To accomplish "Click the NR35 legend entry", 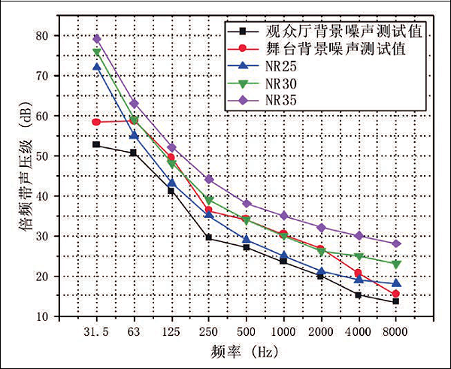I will click(x=279, y=99).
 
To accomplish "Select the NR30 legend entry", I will click(x=279, y=83).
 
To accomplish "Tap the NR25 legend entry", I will click(x=279, y=65).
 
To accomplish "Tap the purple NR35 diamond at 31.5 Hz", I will click(x=96, y=38).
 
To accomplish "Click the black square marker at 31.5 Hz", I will click(x=96, y=144).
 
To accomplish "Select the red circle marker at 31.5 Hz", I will click(x=96, y=122).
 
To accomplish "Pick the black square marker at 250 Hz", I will click(x=208, y=237).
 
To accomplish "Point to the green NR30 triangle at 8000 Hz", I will click(x=395, y=265).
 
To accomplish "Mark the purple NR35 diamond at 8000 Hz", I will click(x=395, y=243).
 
